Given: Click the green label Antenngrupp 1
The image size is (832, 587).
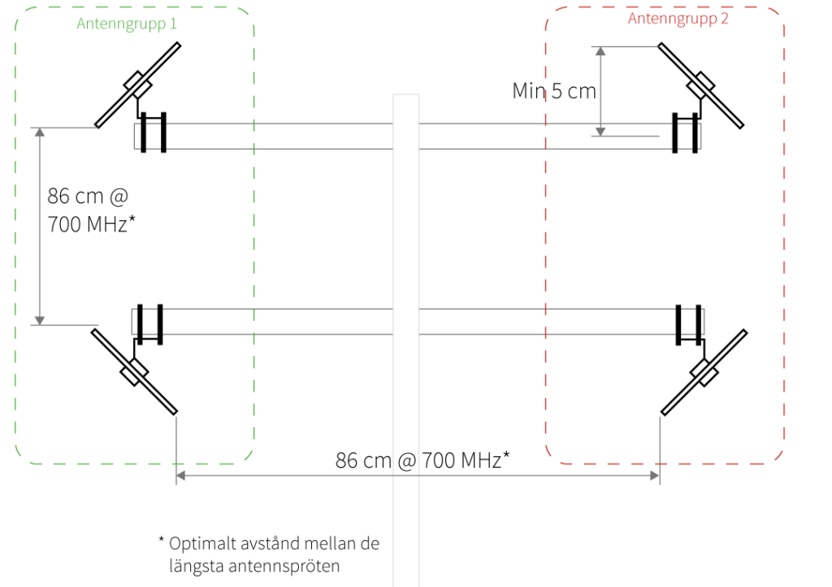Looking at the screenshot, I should (127, 24).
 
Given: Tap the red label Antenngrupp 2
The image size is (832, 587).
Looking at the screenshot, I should (678, 19).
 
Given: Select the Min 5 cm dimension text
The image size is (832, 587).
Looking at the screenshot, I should (554, 90).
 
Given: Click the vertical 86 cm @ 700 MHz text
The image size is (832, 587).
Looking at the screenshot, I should (89, 210).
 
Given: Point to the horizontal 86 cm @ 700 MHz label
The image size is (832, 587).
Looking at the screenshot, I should (422, 460).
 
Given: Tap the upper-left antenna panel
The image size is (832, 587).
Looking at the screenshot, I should (137, 84).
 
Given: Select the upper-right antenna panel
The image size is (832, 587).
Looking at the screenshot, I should (700, 84).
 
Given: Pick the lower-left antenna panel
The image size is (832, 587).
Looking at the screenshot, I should (134, 371).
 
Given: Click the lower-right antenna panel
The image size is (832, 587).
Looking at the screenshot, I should (704, 372).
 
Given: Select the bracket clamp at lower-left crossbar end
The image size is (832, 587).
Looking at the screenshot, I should (149, 323).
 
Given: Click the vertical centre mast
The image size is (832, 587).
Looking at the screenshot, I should (406, 244).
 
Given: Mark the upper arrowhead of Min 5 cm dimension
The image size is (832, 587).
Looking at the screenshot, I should (600, 50).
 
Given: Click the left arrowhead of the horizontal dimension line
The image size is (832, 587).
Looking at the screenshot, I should (181, 476).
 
